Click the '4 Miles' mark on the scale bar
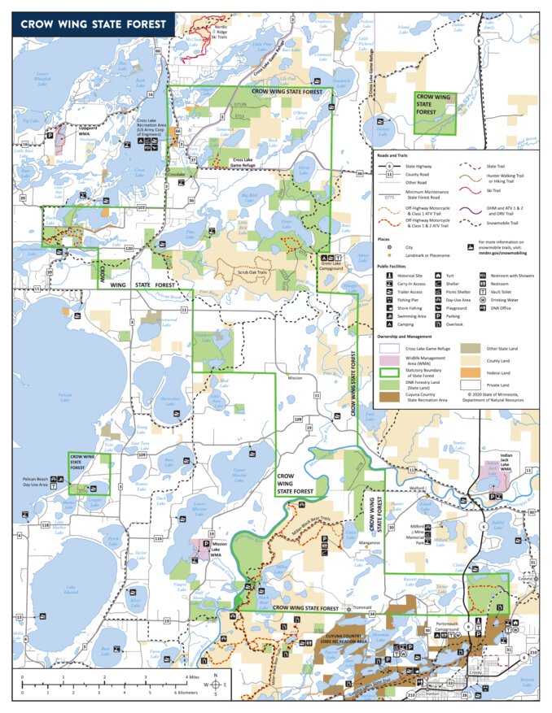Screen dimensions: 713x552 click(x=192, y=676)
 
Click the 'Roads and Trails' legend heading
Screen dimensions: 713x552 click(x=392, y=154)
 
